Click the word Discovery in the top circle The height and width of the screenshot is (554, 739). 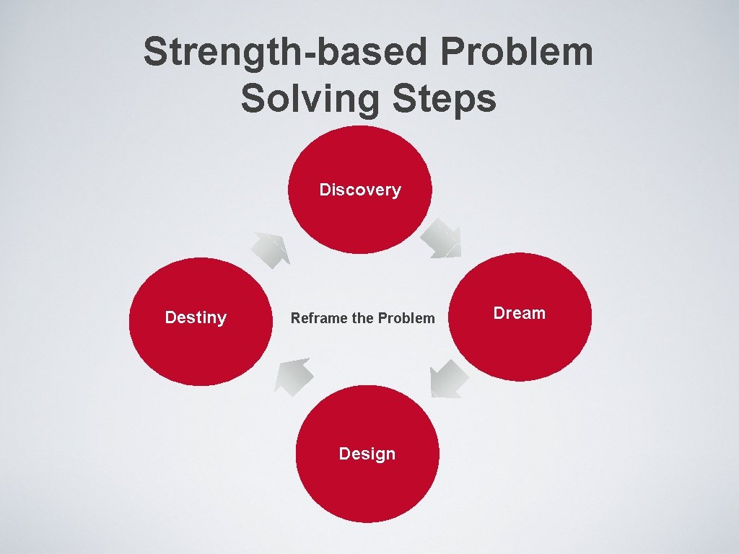point(360,190)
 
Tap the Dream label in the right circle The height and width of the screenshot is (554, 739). point(519,313)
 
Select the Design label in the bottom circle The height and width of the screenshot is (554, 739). point(367,454)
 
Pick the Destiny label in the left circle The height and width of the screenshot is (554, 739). point(196,318)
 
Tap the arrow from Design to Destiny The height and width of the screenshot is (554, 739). point(294,376)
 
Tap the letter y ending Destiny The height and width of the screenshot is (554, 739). point(222,320)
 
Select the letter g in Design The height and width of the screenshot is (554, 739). point(378,456)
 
